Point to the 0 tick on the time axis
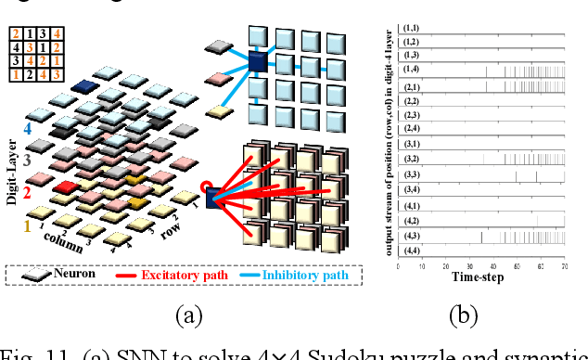(x=398, y=266)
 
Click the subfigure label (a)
(x=191, y=316)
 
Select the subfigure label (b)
(x=464, y=316)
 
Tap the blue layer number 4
(x=31, y=131)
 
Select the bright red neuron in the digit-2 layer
(x=66, y=188)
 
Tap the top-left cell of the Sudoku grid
(x=14, y=34)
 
